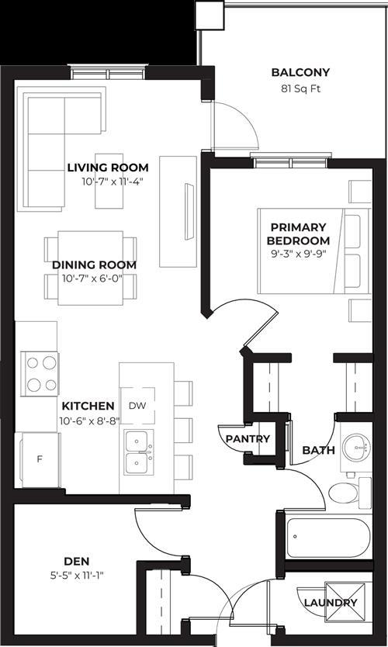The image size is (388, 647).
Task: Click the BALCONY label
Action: (x=300, y=73)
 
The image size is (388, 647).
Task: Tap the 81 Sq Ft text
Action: (x=300, y=88)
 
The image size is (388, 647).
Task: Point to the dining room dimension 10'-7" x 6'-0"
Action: (x=94, y=279)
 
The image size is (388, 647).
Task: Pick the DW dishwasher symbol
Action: (x=137, y=406)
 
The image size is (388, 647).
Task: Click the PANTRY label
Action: (x=248, y=439)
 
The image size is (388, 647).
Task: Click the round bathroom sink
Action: (x=358, y=447)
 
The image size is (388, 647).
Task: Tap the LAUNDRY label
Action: (x=331, y=603)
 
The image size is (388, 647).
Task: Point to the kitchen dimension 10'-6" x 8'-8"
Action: (x=88, y=420)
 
